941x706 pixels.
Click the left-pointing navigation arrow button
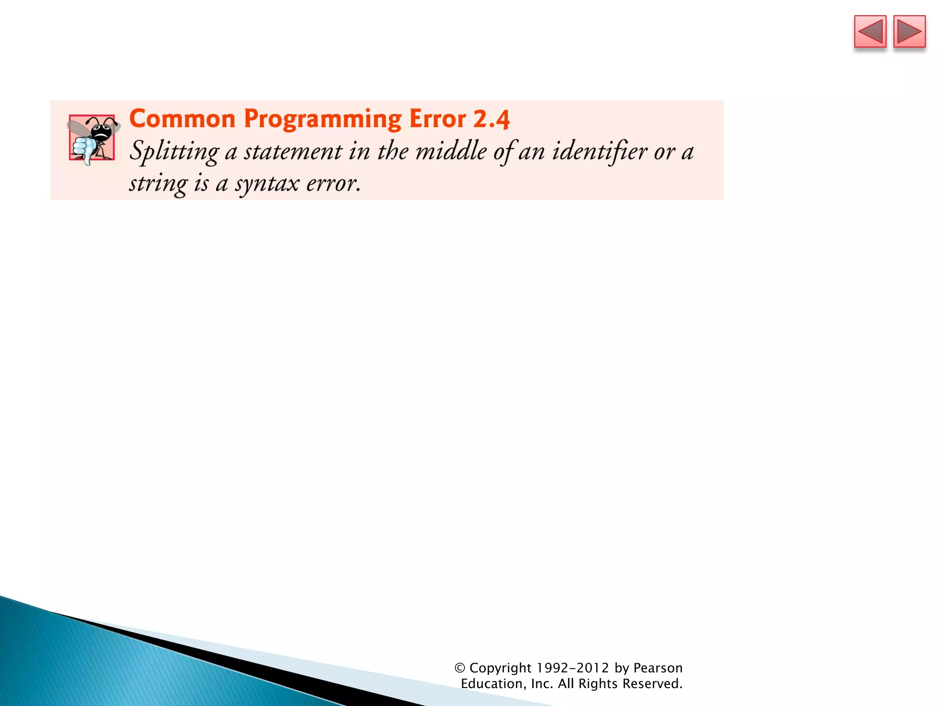[x=870, y=32]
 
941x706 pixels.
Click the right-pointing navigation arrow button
[x=909, y=32]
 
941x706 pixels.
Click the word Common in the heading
[x=182, y=119]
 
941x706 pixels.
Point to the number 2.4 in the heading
[x=491, y=120]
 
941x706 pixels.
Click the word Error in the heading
[x=437, y=119]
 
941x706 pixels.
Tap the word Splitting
[x=174, y=152]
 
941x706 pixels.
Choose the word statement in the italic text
[x=293, y=152]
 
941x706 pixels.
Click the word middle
[x=451, y=151]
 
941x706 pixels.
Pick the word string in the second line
[x=158, y=184]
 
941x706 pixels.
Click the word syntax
[x=267, y=184]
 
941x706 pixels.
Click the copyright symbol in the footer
[x=459, y=668]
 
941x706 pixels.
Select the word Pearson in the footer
[x=658, y=668]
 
